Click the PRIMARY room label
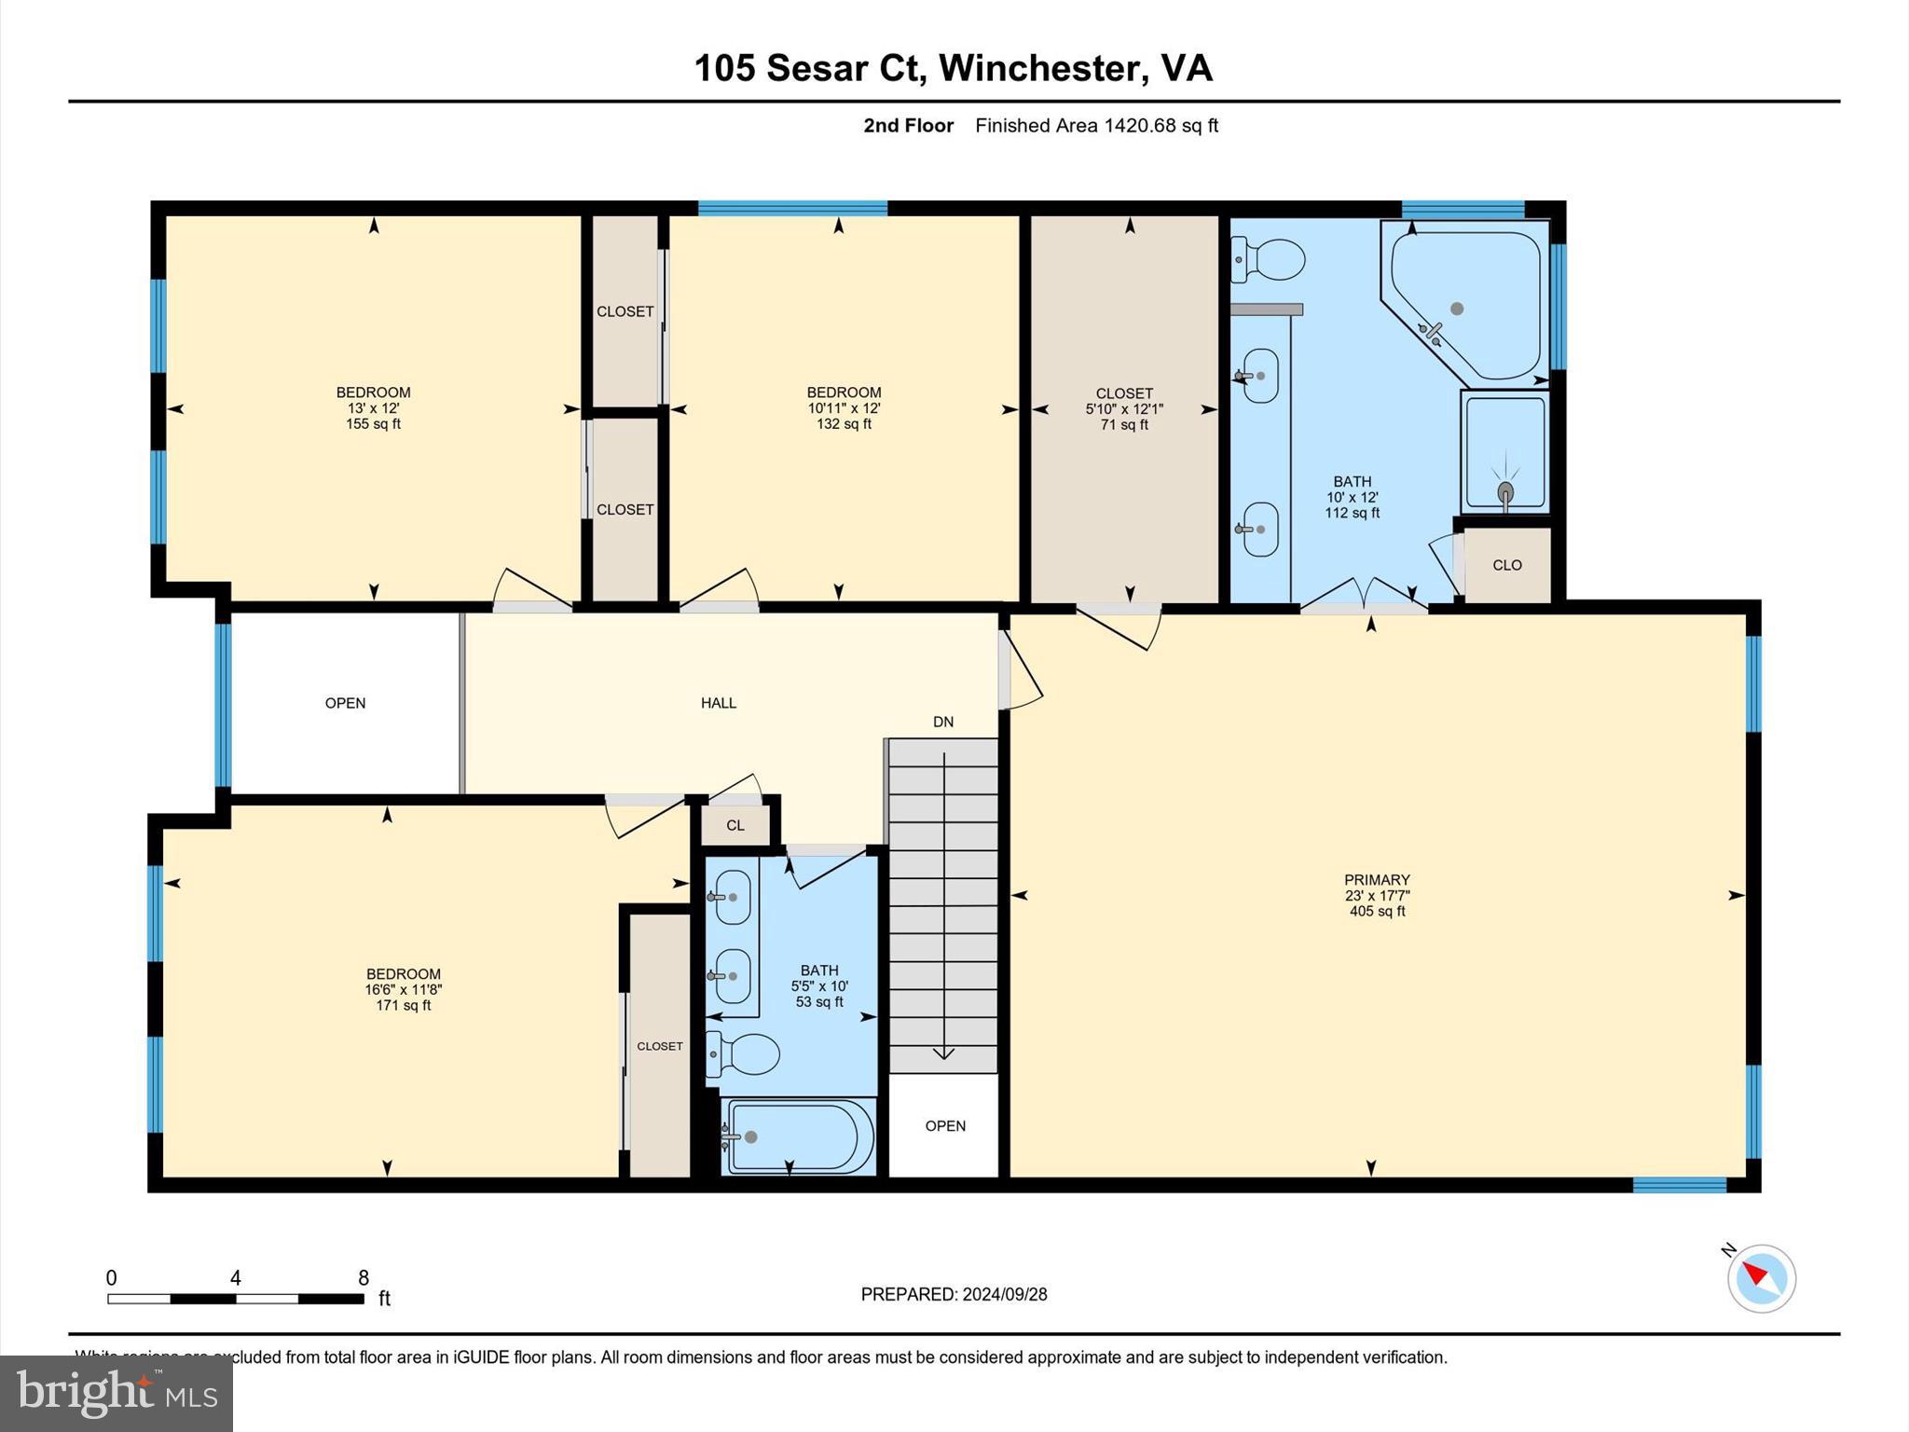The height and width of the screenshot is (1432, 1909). point(1376,879)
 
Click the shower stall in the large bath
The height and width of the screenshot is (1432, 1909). point(1504,453)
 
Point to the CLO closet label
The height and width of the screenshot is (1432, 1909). point(1506,565)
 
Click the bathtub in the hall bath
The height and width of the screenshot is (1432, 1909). point(799,1136)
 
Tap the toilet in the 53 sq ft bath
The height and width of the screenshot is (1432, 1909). point(743,1054)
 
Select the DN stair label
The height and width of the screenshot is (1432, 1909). point(942,722)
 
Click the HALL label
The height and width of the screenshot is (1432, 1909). point(718,703)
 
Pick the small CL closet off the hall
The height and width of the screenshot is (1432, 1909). point(735,825)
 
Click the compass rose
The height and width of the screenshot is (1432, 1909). point(1761,1278)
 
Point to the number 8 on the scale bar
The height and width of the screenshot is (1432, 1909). point(363,1278)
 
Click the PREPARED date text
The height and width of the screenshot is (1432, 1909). point(954,1294)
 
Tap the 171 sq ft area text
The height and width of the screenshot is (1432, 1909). point(403,1006)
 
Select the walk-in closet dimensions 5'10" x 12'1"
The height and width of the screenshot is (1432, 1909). point(1124,409)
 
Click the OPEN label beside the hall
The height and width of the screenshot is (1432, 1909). point(345,703)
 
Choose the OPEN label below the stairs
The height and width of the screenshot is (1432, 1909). point(944,1126)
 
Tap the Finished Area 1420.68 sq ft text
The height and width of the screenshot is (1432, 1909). point(1096,126)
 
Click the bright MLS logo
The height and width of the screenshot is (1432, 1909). point(117,1394)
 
